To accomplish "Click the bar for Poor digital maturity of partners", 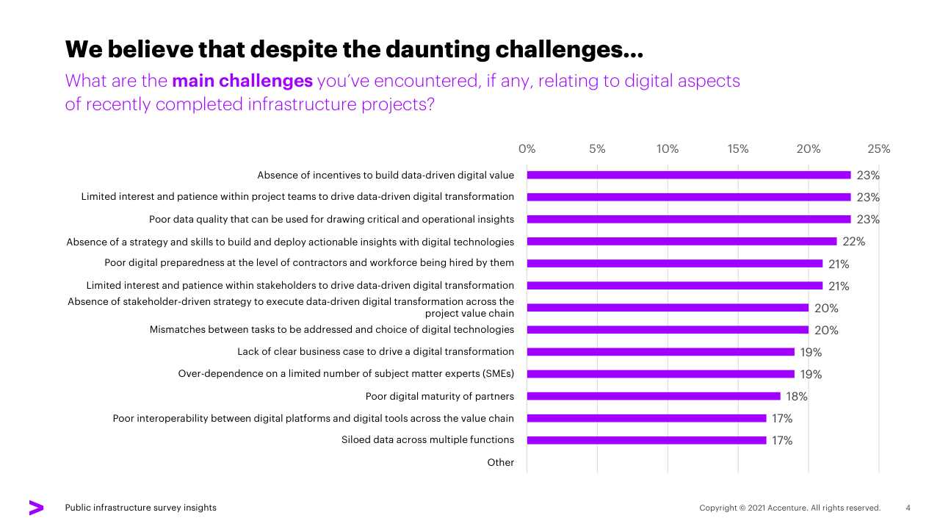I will pyautogui.click(x=654, y=396).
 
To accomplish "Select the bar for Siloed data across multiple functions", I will pyautogui.click(x=646, y=440).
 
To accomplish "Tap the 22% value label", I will pyautogui.click(x=854, y=242).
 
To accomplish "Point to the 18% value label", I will pyautogui.click(x=797, y=397).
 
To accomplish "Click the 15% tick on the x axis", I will pyautogui.click(x=738, y=149).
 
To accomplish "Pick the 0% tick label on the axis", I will pyautogui.click(x=527, y=149).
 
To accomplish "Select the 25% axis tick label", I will pyautogui.click(x=878, y=149).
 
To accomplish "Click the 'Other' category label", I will pyautogui.click(x=501, y=463).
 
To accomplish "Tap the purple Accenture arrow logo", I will pyautogui.click(x=36, y=508).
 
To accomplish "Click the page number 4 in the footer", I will pyautogui.click(x=908, y=508).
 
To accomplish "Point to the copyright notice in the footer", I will pyautogui.click(x=789, y=508).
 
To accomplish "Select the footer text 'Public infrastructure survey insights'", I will pyautogui.click(x=141, y=508).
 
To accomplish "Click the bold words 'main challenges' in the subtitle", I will pyautogui.click(x=242, y=81).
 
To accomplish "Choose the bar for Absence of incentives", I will pyautogui.click(x=688, y=175).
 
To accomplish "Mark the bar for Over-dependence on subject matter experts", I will pyautogui.click(x=660, y=374).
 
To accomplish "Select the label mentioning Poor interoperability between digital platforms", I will pyautogui.click(x=313, y=419).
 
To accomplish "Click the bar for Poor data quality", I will pyautogui.click(x=688, y=219).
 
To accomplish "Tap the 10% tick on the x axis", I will pyautogui.click(x=668, y=149).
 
